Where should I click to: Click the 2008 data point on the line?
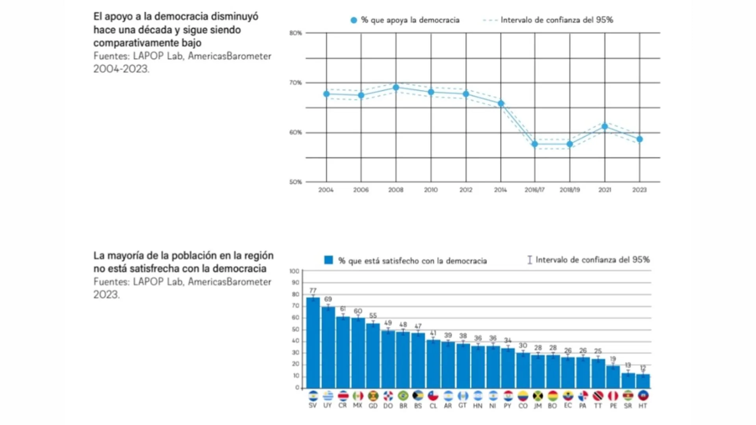point(396,87)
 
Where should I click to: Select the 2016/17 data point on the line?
point(535,144)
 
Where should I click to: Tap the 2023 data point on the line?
point(639,139)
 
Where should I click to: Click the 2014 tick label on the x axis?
point(500,190)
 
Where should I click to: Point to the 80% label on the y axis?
point(295,33)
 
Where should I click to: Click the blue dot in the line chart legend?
point(354,20)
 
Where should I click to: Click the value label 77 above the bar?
point(313,290)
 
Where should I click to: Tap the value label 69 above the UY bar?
point(328,299)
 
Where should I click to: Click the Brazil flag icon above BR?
point(403,395)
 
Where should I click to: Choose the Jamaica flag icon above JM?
point(538,395)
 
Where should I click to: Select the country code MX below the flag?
point(358,405)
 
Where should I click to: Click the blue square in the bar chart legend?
point(328,260)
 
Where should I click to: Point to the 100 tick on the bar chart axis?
point(294,271)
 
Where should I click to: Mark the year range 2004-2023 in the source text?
point(121,69)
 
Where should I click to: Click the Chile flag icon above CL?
point(433,395)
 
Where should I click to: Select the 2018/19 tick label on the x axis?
point(570,190)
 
